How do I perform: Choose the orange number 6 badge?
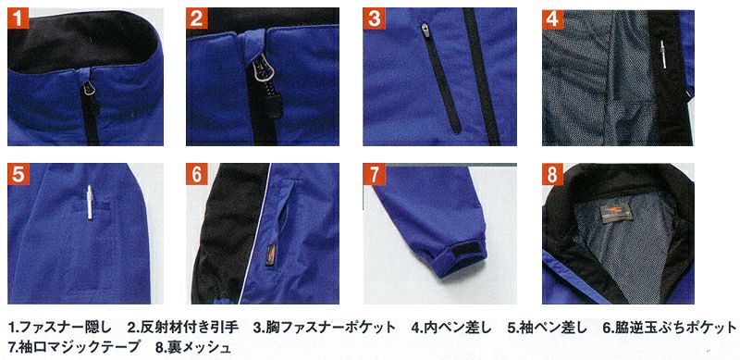(x=197, y=175)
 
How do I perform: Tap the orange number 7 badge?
(x=374, y=175)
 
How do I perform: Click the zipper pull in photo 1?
(x=91, y=86)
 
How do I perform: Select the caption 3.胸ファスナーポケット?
(x=325, y=327)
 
